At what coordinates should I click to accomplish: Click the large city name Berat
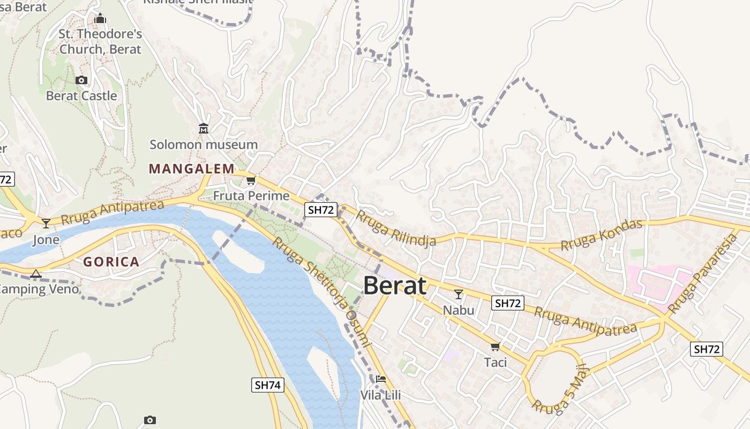pyautogui.click(x=395, y=286)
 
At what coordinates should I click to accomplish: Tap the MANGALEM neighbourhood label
pyautogui.click(x=191, y=169)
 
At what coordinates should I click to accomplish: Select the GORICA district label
pyautogui.click(x=111, y=262)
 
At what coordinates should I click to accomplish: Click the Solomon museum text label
pyautogui.click(x=204, y=145)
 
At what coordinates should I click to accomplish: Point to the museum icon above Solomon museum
pyautogui.click(x=204, y=129)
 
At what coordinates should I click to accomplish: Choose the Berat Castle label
pyautogui.click(x=81, y=96)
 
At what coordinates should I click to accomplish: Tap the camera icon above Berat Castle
pyautogui.click(x=81, y=80)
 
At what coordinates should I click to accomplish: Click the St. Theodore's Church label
pyautogui.click(x=100, y=42)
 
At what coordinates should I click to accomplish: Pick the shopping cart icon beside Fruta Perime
pyautogui.click(x=251, y=180)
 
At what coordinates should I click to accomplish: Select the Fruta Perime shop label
pyautogui.click(x=251, y=196)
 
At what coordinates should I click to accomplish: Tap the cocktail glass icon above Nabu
pyautogui.click(x=459, y=294)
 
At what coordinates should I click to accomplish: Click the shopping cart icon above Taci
pyautogui.click(x=496, y=346)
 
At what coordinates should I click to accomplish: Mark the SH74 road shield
pyautogui.click(x=268, y=384)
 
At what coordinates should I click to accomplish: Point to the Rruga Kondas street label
pyautogui.click(x=601, y=235)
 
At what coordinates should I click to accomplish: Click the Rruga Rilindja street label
pyautogui.click(x=396, y=228)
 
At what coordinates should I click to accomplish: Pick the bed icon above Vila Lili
pyautogui.click(x=381, y=379)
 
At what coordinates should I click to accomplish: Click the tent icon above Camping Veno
pyautogui.click(x=36, y=274)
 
